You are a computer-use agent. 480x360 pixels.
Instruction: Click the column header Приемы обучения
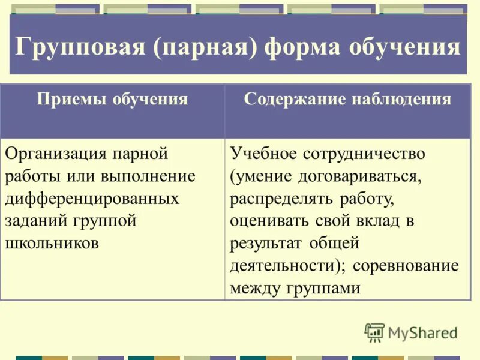(x=112, y=99)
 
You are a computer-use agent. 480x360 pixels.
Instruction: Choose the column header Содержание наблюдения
(x=347, y=99)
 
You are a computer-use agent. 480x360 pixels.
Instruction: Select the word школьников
(x=52, y=243)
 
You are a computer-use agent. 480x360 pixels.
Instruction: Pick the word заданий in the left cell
(x=37, y=221)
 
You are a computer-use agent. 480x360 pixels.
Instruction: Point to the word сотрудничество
(x=364, y=154)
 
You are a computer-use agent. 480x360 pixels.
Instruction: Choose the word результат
(x=267, y=243)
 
